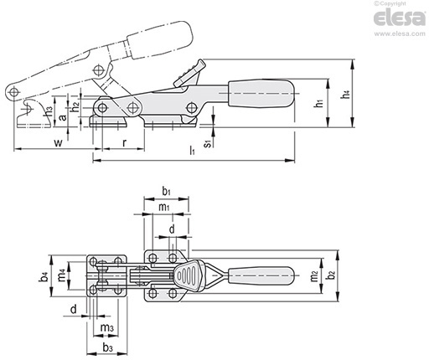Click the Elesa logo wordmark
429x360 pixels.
click(400, 18)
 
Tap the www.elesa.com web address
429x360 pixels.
click(400, 33)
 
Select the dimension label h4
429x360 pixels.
click(346, 94)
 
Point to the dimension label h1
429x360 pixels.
click(319, 103)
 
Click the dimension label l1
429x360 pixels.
click(192, 151)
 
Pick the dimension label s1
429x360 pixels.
click(208, 143)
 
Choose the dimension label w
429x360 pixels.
click(58, 143)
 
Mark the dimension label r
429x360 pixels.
click(125, 143)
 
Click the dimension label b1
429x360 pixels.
click(167, 192)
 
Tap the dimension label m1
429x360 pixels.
click(164, 207)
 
